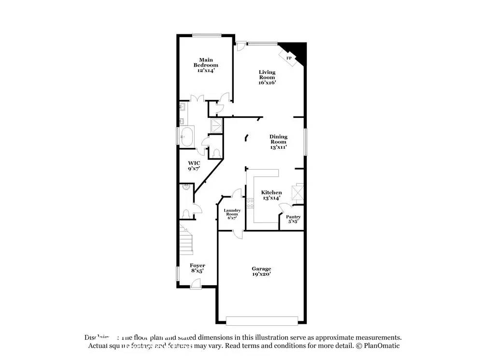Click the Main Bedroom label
206,65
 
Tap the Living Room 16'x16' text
267,77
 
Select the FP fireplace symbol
290,58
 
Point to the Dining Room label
278,142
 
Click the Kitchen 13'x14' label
271,195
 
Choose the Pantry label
293,219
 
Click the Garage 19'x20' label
261,271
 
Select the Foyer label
197,268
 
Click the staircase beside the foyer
186,240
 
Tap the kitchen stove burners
250,203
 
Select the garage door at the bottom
262,321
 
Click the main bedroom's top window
207,34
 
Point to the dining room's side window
305,142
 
